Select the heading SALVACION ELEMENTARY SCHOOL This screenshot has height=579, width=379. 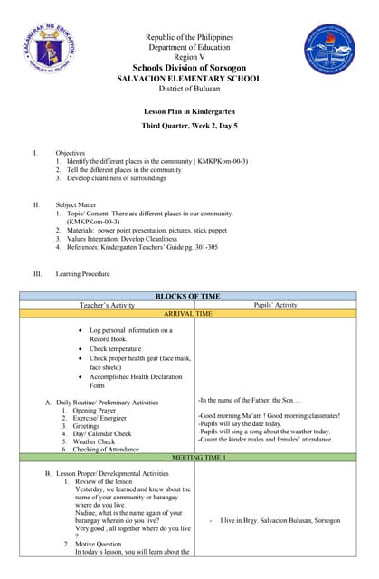tap(189, 79)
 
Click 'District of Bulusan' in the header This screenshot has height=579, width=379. tap(189, 90)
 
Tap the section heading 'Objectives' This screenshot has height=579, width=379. tap(71, 153)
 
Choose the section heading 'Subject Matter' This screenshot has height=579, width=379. tap(78, 205)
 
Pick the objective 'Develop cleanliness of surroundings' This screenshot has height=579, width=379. tap(116, 178)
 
